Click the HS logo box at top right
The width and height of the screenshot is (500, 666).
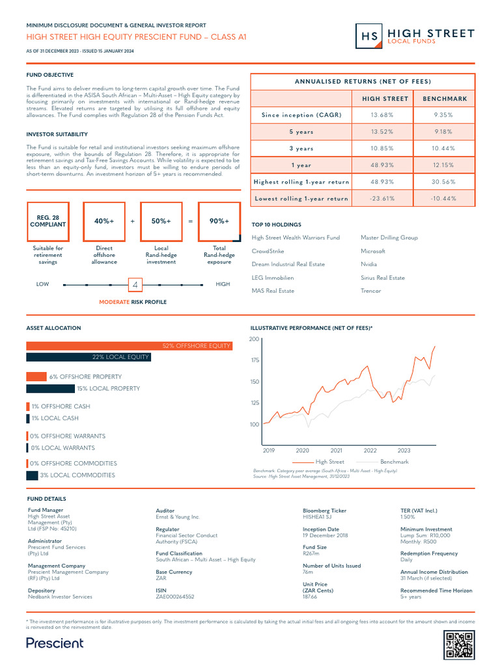(369, 36)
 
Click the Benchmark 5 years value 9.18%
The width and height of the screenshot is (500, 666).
(445, 131)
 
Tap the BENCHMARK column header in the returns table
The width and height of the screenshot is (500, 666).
(445, 98)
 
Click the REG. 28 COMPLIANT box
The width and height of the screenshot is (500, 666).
(48, 221)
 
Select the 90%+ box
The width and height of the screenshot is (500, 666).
(219, 221)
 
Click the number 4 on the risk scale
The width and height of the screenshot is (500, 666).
(135, 286)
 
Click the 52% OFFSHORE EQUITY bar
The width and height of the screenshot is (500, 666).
(129, 345)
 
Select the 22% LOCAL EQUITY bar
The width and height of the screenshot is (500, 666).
(88, 357)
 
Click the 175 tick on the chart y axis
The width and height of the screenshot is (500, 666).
(254, 360)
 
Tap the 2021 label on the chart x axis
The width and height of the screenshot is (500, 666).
(337, 450)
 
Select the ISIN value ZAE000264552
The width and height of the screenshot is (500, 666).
(174, 596)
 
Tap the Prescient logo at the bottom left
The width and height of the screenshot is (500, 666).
(55, 643)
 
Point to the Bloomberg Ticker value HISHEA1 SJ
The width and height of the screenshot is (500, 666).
(319, 517)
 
